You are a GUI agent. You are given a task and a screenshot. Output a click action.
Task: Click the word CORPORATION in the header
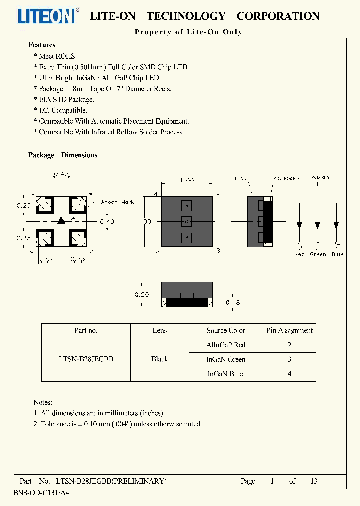click(278, 16)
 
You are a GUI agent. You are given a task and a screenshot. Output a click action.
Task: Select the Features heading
click(42, 45)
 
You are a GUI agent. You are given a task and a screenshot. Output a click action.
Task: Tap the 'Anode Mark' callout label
click(117, 202)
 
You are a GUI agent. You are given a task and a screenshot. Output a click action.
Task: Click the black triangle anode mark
click(61, 220)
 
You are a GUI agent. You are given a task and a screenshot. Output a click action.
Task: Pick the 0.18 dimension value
click(233, 302)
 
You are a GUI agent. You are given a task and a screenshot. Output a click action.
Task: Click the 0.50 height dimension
click(142, 295)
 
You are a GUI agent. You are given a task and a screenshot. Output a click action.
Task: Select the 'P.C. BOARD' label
click(285, 178)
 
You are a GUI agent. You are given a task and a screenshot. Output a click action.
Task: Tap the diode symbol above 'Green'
click(318, 225)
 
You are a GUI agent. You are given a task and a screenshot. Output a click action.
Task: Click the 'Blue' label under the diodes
click(337, 254)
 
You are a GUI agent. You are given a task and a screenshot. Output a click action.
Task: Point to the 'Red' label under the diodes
click(300, 254)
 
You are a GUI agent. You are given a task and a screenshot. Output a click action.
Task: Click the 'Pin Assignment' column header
click(290, 330)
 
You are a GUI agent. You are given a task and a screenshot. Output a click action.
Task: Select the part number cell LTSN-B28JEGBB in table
click(86, 359)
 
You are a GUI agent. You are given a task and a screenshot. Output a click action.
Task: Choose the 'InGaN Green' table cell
click(226, 359)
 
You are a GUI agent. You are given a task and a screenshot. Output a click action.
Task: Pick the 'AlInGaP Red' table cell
click(226, 345)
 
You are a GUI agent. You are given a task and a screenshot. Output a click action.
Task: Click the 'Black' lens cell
click(160, 359)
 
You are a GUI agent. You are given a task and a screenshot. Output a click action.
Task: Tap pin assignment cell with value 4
click(290, 374)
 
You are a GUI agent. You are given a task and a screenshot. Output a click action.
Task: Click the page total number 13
click(314, 481)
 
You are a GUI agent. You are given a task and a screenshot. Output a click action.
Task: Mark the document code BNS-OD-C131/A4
click(35, 492)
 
